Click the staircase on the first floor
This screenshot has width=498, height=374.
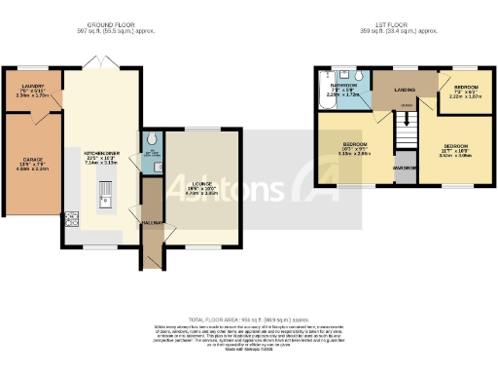click(409, 125)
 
